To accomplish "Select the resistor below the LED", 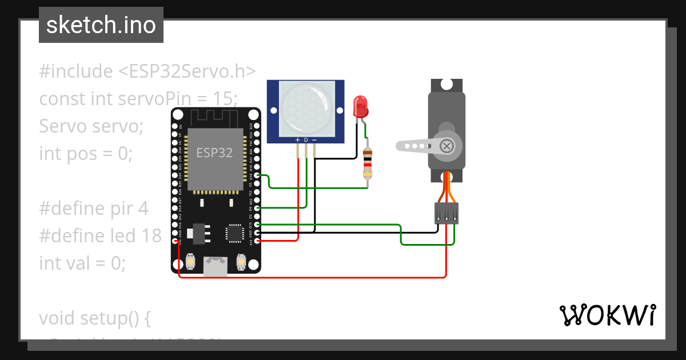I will click(368, 163).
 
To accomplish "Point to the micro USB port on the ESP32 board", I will click(216, 266).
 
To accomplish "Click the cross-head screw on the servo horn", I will click(446, 146).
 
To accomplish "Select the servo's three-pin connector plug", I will click(446, 213).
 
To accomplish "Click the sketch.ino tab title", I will click(101, 25).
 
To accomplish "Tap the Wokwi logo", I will click(607, 315).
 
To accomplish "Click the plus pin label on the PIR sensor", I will click(297, 140).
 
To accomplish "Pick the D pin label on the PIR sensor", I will click(306, 140).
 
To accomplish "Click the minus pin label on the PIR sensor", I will click(314, 140).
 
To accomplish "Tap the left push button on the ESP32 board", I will click(189, 262).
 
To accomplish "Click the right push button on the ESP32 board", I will click(241, 262).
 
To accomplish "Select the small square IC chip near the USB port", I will click(234, 233).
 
